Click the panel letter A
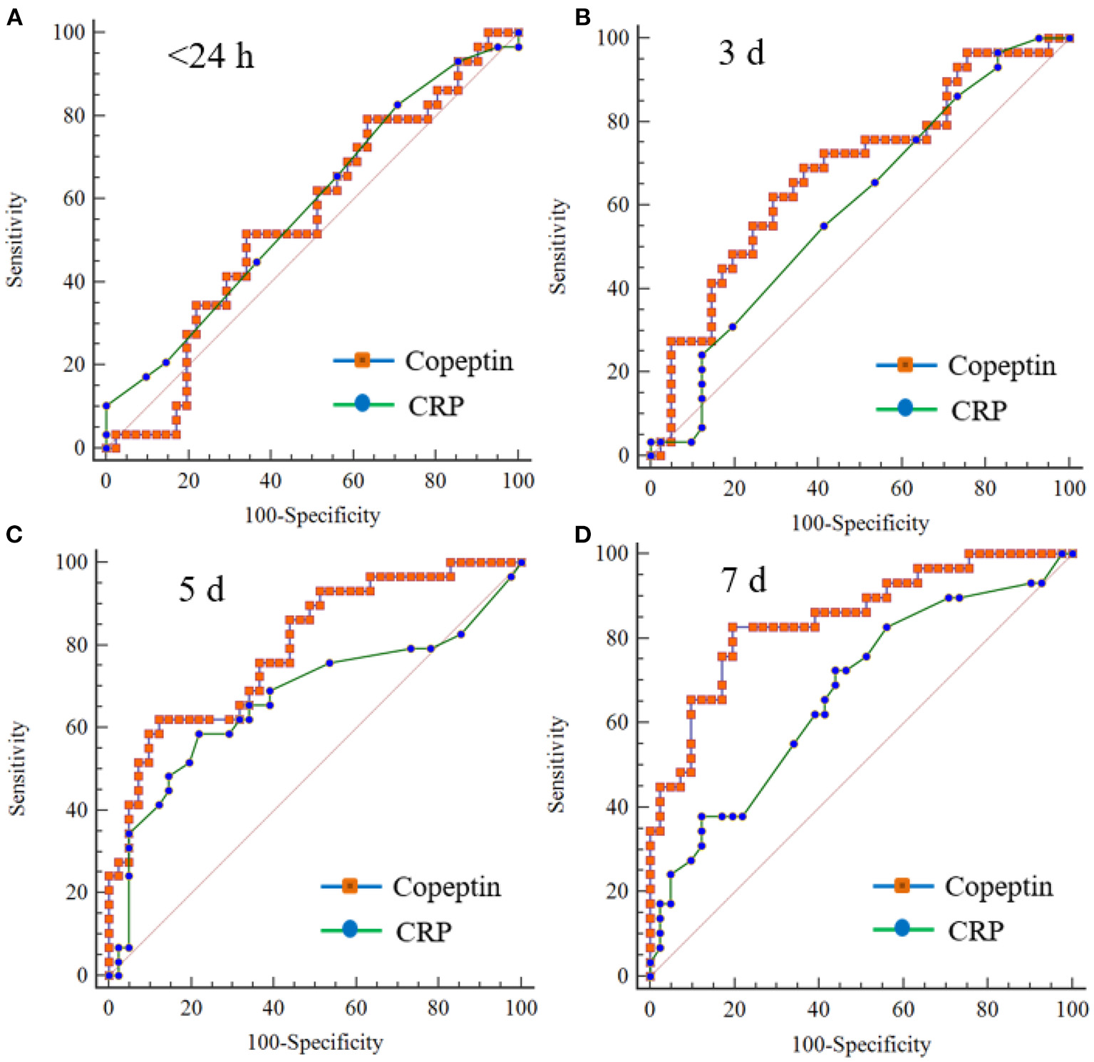(14, 17)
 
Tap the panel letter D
(582, 535)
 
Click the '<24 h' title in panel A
(210, 56)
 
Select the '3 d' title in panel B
(741, 53)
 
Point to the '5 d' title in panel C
(201, 589)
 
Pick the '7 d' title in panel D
(743, 580)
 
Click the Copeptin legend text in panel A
(459, 361)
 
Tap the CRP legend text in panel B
(979, 411)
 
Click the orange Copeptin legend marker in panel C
(349, 886)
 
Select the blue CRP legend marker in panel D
(902, 929)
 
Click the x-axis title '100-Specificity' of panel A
(312, 515)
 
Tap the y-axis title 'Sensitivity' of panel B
(558, 247)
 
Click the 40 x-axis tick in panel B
(817, 488)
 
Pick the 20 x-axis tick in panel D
(734, 1009)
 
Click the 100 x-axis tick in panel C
(521, 1008)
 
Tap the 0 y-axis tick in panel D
(623, 976)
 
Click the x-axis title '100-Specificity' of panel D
(861, 1045)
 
